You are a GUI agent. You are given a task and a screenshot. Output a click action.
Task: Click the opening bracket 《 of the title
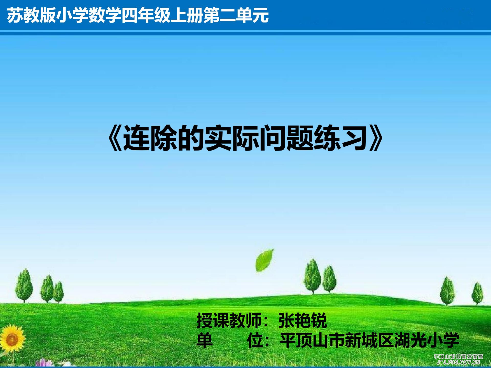[115, 138]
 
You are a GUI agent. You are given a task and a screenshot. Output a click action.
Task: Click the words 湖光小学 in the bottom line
[426, 340]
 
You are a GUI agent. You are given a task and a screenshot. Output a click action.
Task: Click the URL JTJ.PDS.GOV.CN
[458, 362]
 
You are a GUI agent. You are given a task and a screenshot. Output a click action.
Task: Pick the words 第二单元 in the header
[236, 15]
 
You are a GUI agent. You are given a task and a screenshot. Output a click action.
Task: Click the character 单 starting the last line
[205, 340]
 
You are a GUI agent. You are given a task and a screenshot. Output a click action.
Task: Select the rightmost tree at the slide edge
[477, 293]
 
